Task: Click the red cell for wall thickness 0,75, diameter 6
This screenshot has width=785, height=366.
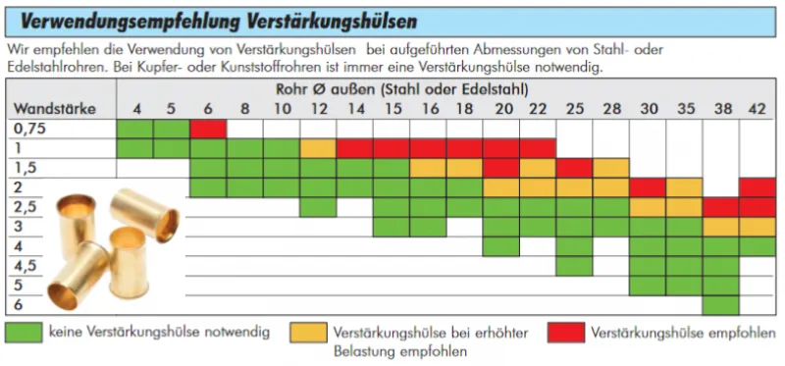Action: point(208,129)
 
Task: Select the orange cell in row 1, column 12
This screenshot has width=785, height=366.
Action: point(318,148)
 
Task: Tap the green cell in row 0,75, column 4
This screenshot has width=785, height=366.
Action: point(135,129)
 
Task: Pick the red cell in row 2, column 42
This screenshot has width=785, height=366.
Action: point(758,186)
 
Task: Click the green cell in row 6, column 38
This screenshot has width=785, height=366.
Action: point(720,304)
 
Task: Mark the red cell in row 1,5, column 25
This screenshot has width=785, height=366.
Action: point(574,168)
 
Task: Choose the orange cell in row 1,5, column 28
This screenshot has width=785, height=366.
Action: point(610,168)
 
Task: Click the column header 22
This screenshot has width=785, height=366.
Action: point(538,108)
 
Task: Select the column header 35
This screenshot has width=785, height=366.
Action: point(684,108)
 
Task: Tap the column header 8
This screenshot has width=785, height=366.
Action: point(244,108)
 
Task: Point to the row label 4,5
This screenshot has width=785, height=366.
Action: point(26,265)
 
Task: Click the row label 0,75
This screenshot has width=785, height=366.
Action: point(29,129)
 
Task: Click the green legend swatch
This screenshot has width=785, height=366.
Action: point(25,333)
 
